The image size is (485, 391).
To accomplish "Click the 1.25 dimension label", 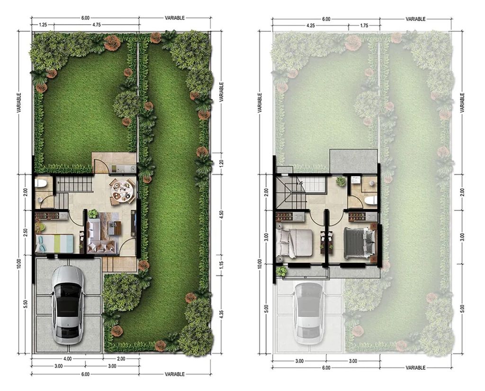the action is point(43,25).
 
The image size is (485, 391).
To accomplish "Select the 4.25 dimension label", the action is point(311,26).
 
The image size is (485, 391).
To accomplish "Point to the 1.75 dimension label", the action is point(364,26).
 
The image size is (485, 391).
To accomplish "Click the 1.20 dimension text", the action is point(221,163).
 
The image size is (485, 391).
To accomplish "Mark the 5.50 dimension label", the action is point(26,304).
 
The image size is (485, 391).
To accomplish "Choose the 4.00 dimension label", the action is point(67,359).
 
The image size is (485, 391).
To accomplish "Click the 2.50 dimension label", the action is point(26,233).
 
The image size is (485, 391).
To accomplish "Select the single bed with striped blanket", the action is point(55,244).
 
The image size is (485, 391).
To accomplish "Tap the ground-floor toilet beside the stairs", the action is point(41,184).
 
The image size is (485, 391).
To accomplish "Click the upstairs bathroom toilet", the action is point(370,200).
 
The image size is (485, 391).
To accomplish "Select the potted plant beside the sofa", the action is point(93,213).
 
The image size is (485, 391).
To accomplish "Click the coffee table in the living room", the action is point(114,228).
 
